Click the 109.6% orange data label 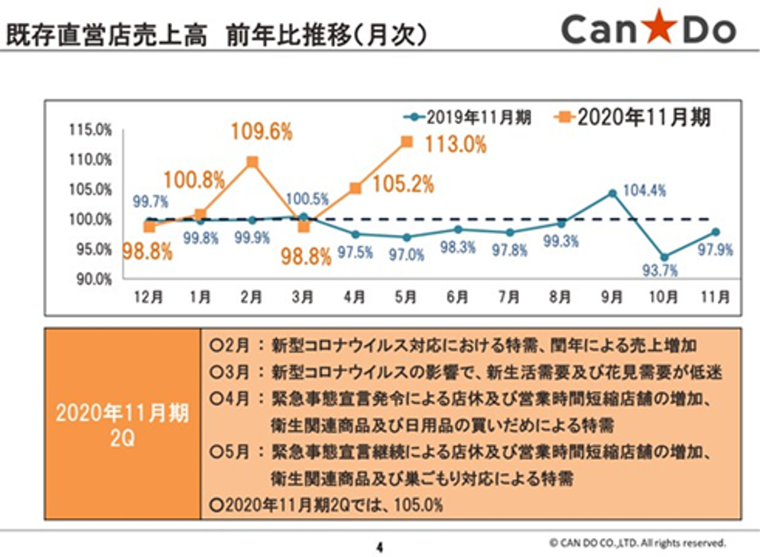[261, 132]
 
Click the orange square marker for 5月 [407, 142]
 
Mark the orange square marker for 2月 [252, 161]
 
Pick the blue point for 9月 [612, 193]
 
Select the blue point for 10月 [664, 257]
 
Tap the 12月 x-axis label [148, 298]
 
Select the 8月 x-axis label [560, 298]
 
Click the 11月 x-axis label [715, 298]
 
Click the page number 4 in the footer [379, 546]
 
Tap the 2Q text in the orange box [122, 441]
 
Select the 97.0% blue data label [406, 255]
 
